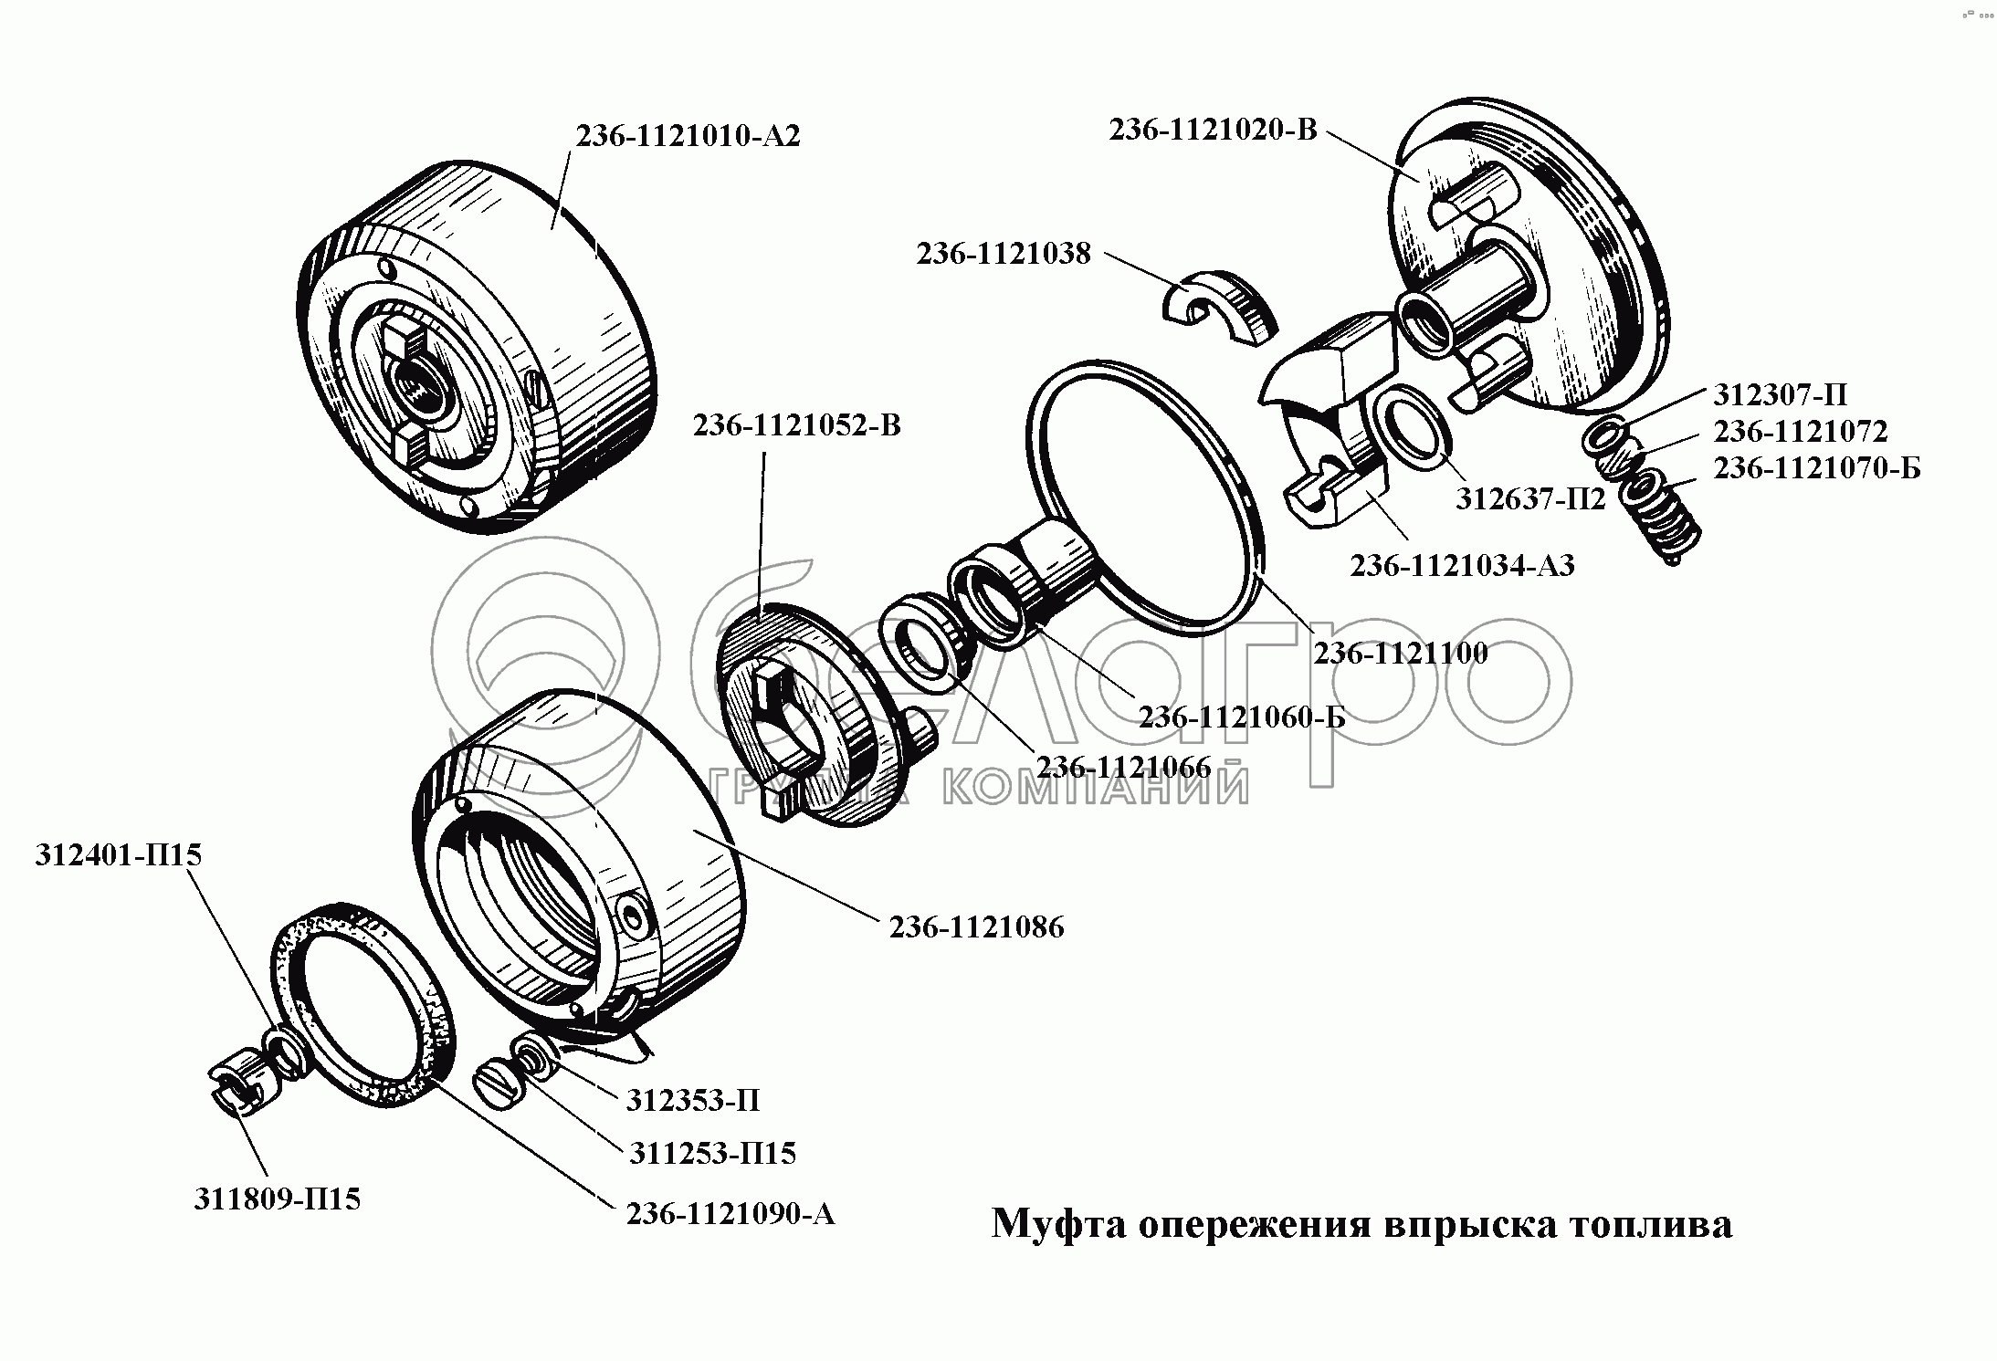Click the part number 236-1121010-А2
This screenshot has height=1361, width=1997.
pyautogui.click(x=688, y=136)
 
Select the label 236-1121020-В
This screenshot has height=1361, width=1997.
pyautogui.click(x=1214, y=130)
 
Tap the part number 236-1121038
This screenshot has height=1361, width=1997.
pyautogui.click(x=1004, y=253)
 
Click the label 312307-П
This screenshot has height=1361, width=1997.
pyautogui.click(x=1780, y=394)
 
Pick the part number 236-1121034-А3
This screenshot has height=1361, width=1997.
pyautogui.click(x=1463, y=566)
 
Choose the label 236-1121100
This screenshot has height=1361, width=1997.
pyautogui.click(x=1401, y=652)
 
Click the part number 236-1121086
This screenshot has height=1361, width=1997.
pyautogui.click(x=977, y=927)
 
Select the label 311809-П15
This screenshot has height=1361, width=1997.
pyautogui.click(x=277, y=1199)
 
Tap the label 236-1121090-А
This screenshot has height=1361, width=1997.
pyautogui.click(x=730, y=1213)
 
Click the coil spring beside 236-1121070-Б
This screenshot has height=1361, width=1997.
pyautogui.click(x=1662, y=513)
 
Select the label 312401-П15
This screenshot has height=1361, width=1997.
pyautogui.click(x=119, y=854)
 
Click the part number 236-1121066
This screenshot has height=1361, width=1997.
pyautogui.click(x=1123, y=766)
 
